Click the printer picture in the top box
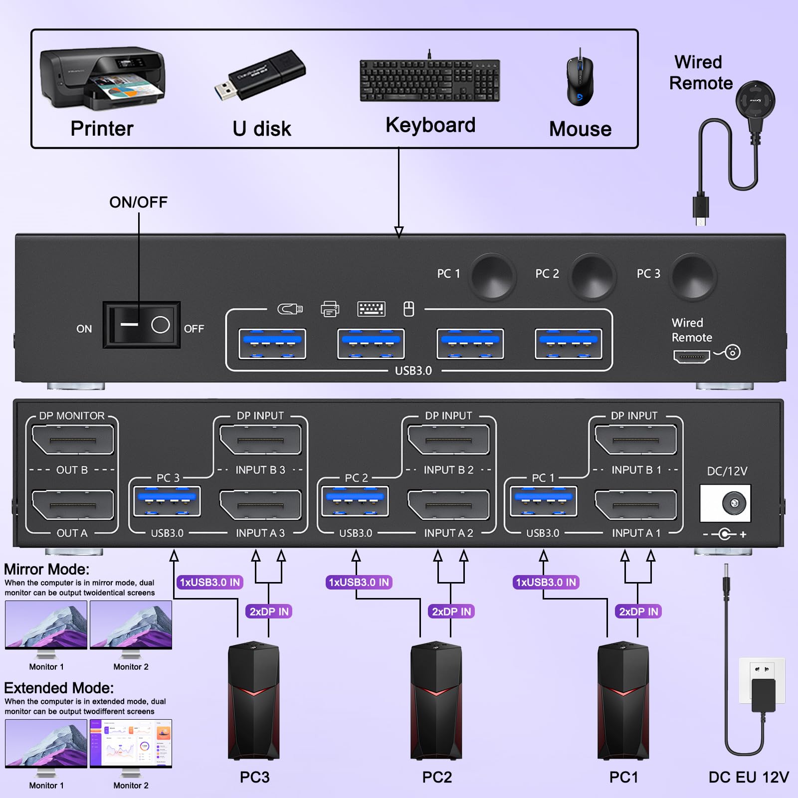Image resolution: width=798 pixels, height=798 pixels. click(102, 79)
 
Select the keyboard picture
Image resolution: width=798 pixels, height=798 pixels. click(429, 80)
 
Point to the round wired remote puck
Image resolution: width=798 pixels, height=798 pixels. click(755, 100)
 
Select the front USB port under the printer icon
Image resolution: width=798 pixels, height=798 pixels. click(371, 344)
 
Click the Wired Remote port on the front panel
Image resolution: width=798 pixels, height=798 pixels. click(691, 356)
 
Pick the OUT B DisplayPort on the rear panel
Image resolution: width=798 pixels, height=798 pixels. click(72, 439)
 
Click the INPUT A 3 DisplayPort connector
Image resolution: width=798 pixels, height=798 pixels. click(260, 505)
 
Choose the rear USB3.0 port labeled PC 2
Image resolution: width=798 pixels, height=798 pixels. click(355, 501)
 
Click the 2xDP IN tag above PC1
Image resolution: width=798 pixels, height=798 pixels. click(638, 611)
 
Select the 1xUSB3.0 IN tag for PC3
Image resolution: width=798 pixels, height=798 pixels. click(209, 582)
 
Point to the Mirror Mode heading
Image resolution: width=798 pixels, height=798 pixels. click(47, 569)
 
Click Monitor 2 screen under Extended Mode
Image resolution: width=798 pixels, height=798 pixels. click(131, 743)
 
